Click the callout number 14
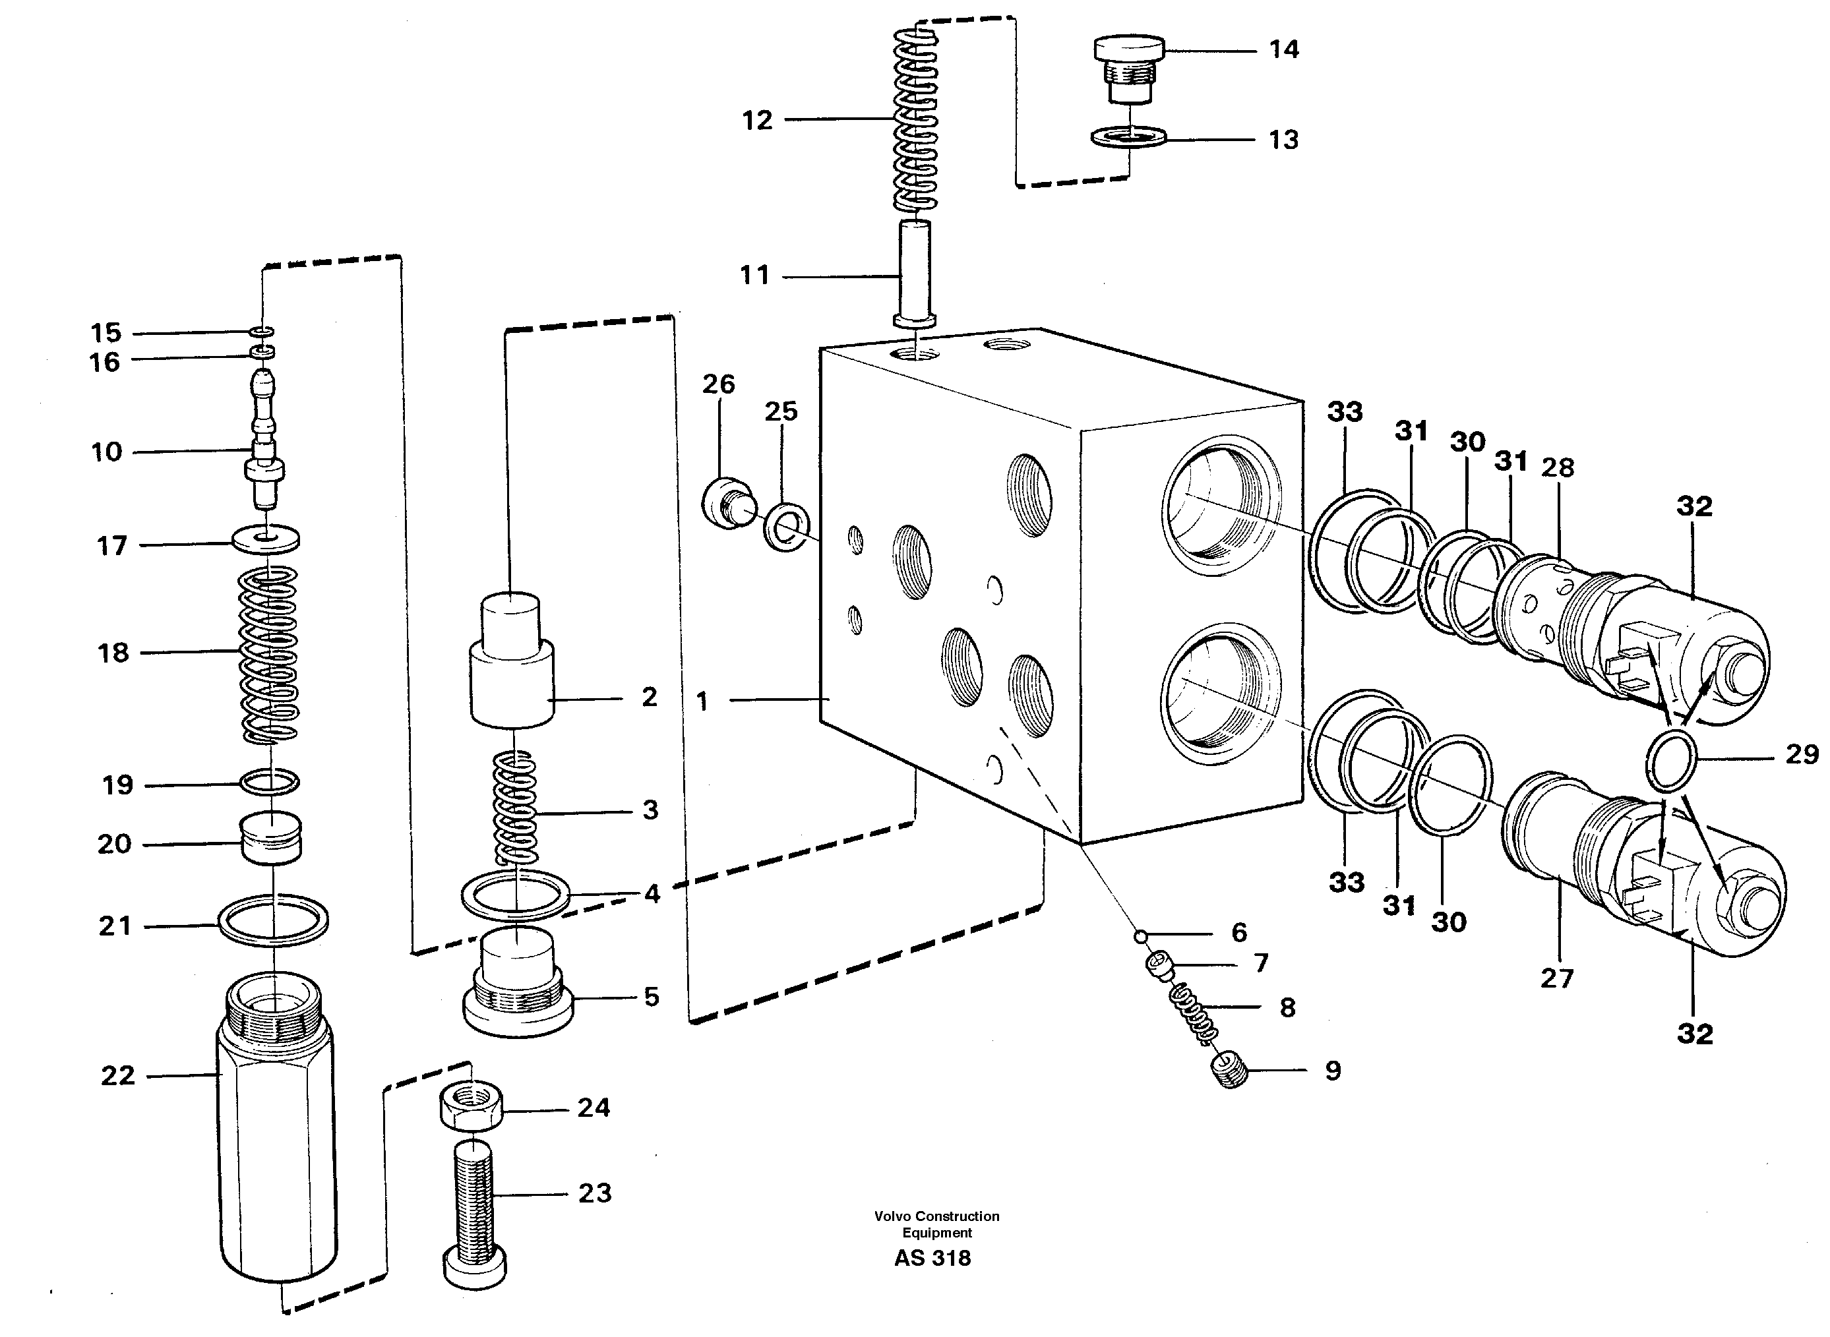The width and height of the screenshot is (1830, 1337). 1284,50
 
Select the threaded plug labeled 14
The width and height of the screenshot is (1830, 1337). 1129,69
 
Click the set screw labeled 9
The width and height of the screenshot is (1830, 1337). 1231,1073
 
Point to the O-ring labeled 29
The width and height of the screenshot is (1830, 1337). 1671,760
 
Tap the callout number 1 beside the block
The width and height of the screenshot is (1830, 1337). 702,701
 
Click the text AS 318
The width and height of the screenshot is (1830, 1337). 932,1258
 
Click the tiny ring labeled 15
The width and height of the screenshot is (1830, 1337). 262,332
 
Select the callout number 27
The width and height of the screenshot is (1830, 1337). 1556,978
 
